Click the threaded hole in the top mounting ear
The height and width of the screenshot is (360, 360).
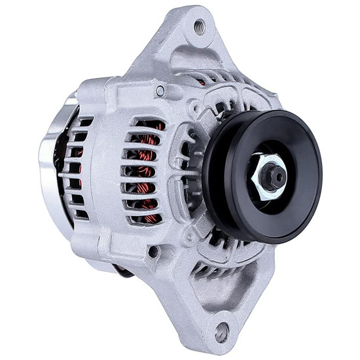click(x=199, y=27)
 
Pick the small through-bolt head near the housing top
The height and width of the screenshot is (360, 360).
click(x=160, y=91)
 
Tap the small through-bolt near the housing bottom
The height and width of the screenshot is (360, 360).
click(x=153, y=251)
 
